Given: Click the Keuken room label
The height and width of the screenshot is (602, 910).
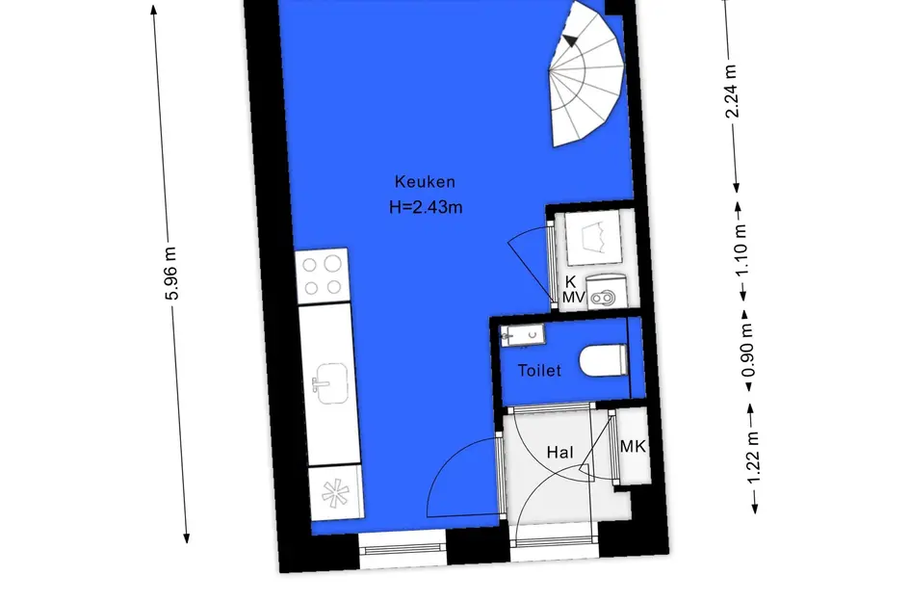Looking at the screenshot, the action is (425, 182).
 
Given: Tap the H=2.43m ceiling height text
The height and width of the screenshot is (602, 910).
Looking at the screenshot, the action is (426, 207).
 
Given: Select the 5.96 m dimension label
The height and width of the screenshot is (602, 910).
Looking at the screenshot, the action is (171, 274).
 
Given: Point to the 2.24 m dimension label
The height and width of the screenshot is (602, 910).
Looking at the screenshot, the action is (732, 91).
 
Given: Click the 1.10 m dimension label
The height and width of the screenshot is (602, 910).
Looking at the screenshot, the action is (741, 249).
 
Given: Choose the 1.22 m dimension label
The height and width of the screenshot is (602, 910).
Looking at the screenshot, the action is (753, 458).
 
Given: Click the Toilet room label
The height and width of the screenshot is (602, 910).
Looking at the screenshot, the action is (539, 371).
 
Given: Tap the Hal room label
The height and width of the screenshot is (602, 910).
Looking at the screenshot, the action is (560, 453).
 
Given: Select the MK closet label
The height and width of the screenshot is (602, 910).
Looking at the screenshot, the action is (633, 446).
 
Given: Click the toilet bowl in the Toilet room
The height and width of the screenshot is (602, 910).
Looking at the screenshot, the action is (604, 361).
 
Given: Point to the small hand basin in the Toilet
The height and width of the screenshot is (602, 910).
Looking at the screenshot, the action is (523, 335).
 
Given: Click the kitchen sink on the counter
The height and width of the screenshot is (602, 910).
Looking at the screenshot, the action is (330, 383).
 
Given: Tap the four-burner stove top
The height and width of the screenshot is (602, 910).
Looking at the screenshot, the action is (323, 276).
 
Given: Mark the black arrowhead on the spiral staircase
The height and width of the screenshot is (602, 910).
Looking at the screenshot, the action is (570, 40).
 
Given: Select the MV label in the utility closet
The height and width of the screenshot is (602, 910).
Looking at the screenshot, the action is (573, 298).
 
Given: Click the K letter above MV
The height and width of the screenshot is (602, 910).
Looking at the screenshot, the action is (570, 282).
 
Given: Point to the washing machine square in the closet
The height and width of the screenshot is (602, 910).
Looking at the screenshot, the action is (593, 239).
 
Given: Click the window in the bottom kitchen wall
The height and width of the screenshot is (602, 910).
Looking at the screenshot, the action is (403, 549).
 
